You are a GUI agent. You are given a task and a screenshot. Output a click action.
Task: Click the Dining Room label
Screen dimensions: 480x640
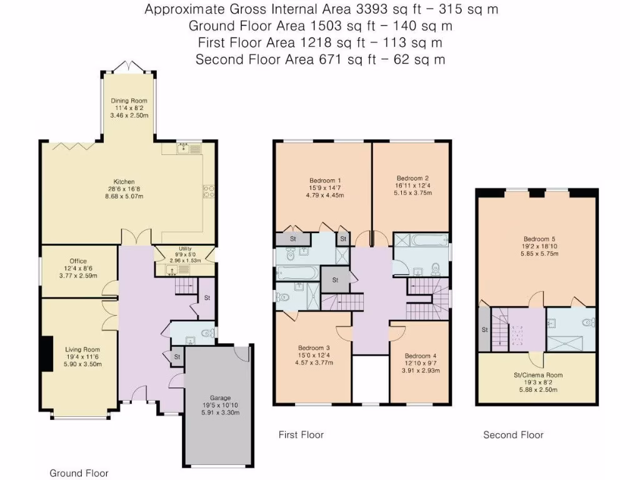click(x=129, y=101)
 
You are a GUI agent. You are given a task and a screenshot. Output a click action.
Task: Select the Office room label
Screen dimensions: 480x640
click(x=78, y=261)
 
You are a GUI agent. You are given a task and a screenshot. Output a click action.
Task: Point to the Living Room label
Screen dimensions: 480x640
click(x=82, y=349)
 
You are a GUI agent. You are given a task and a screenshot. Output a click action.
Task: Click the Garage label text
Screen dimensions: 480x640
click(x=220, y=397)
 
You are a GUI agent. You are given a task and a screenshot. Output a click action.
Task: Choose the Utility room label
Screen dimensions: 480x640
click(x=185, y=248)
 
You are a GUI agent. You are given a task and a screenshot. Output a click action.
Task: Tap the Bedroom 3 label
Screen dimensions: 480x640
click(x=314, y=348)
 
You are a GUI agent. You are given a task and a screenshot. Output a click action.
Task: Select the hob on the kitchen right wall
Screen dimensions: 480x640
click(x=209, y=191)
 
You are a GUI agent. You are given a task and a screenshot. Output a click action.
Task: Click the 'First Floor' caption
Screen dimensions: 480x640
click(x=301, y=435)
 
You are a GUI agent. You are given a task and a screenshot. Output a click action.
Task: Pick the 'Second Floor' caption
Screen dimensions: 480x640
click(x=513, y=435)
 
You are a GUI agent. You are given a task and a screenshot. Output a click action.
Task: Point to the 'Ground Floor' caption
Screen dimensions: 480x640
click(x=79, y=473)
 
